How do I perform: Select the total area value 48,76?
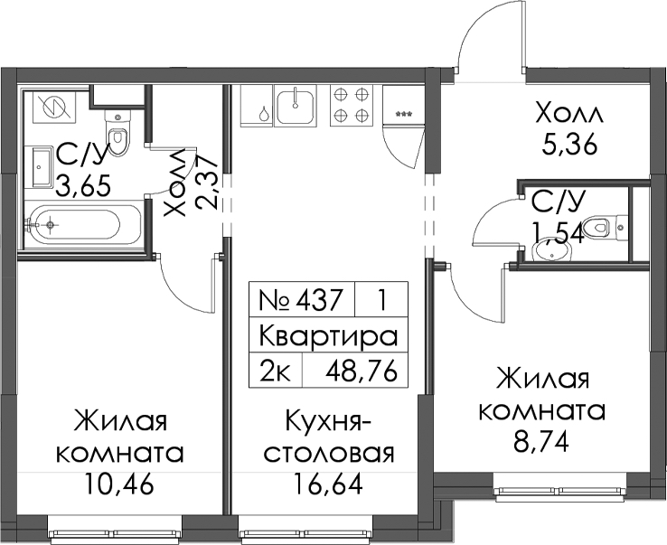click(x=362, y=371)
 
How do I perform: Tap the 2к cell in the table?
click(x=276, y=371)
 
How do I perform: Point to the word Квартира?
click(x=328, y=336)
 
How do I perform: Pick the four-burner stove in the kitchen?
click(x=352, y=105)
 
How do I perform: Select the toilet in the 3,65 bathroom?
click(x=117, y=132)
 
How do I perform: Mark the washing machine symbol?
click(x=55, y=106)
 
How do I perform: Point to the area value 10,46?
click(x=118, y=485)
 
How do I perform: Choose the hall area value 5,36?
click(x=569, y=146)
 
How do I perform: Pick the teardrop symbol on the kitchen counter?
click(x=265, y=113)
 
